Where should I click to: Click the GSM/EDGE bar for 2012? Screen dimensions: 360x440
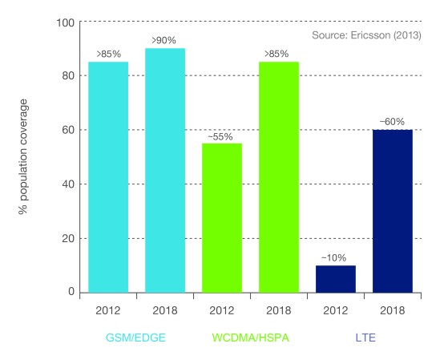[x=108, y=177]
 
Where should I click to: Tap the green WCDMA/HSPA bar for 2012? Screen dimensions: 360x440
[x=222, y=217]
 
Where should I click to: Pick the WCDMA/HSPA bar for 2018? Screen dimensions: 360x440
[x=278, y=177]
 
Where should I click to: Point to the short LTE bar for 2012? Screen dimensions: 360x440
[x=335, y=278]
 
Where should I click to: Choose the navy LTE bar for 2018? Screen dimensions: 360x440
[x=392, y=210]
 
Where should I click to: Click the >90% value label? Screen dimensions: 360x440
[x=165, y=40]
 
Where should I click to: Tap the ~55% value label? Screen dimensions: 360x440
[x=222, y=136]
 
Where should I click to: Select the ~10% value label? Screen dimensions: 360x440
[x=335, y=257]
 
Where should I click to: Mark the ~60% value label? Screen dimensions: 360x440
[x=392, y=122]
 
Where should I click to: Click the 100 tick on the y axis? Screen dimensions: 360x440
[x=65, y=22]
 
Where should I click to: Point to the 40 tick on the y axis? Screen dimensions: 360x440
[x=67, y=184]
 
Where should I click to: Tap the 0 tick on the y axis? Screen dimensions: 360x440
[x=71, y=292]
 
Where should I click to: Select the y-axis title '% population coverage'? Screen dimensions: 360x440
[x=24, y=156]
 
